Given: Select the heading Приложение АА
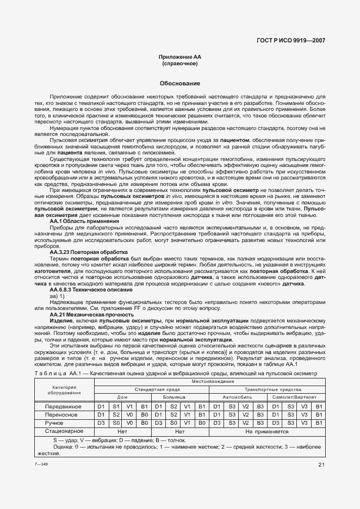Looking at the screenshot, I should [x=179, y=57].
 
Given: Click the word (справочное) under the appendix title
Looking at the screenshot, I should [x=179, y=64].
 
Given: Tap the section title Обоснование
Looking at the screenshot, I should [x=179, y=84].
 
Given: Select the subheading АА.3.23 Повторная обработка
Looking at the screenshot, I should [x=89, y=252].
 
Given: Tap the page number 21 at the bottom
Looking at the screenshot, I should [x=321, y=464].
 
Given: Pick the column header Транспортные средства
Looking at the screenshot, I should [x=268, y=390].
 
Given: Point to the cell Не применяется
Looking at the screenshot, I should [x=268, y=431].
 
